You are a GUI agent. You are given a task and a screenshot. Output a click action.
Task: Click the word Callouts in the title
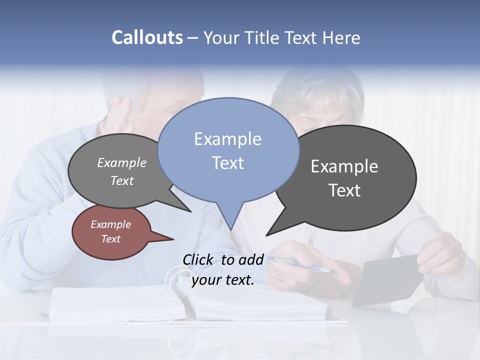click(147, 37)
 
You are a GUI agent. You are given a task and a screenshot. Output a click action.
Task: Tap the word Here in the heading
click(342, 37)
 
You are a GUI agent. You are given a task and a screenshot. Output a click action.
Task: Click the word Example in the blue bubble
click(227, 139)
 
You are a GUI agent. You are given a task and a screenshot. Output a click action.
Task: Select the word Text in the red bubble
click(111, 239)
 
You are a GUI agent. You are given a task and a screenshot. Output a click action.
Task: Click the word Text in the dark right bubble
click(344, 190)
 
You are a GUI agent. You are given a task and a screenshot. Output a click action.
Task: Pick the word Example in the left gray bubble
click(121, 163)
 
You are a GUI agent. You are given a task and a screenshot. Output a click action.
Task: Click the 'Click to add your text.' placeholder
click(223, 270)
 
